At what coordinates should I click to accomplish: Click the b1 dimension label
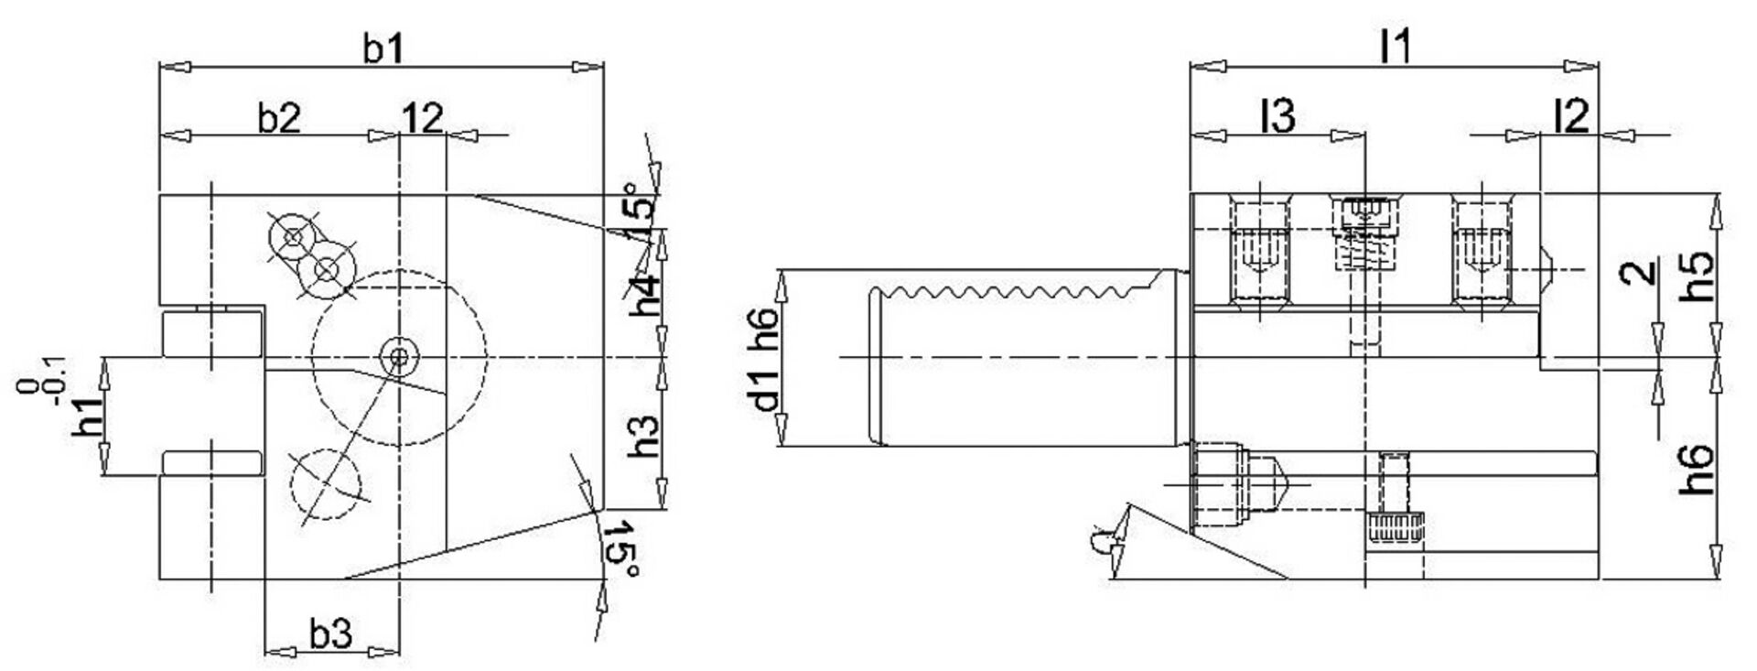click(x=383, y=49)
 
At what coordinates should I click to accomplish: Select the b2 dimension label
click(x=278, y=118)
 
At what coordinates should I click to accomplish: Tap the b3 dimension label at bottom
click(x=330, y=633)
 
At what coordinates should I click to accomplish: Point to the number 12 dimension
click(x=422, y=118)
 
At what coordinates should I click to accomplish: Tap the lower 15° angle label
click(x=621, y=549)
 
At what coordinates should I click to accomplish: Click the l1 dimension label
click(x=1396, y=48)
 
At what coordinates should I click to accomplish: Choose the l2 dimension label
click(x=1570, y=117)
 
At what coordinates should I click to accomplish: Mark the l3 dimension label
click(x=1277, y=117)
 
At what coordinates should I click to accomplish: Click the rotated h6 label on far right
click(x=1698, y=470)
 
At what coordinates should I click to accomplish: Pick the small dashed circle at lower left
click(x=325, y=485)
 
